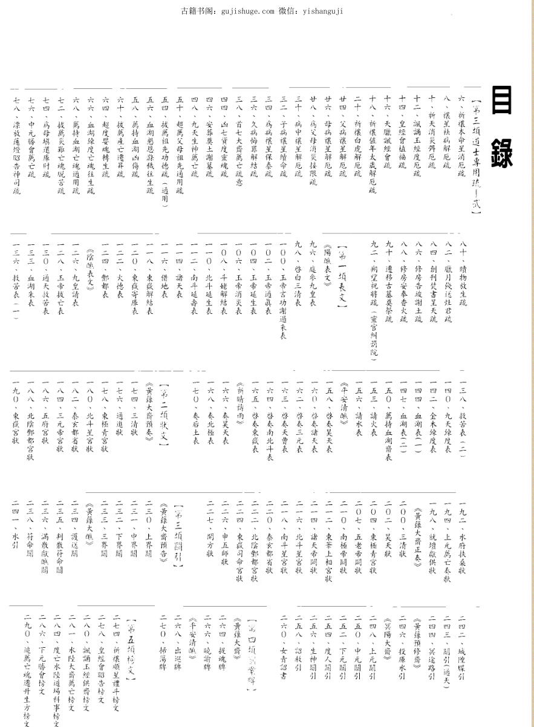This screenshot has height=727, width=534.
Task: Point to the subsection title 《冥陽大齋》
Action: pos(386,635)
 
